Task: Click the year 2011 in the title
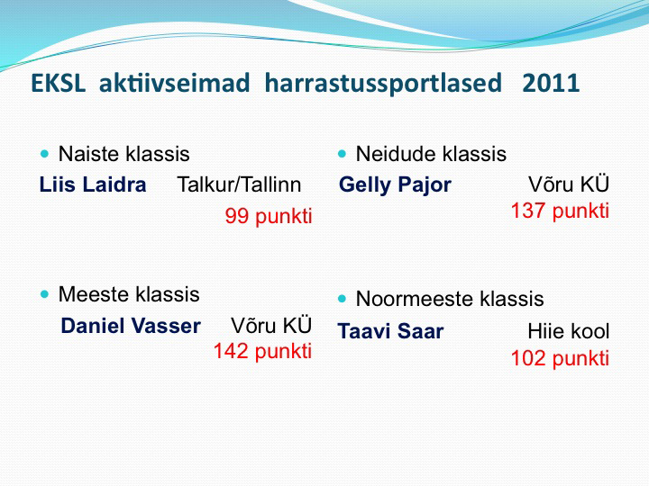point(551,83)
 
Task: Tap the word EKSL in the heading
point(59,83)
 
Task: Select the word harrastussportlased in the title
point(383,84)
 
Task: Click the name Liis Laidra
point(93,184)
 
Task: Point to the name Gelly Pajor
point(395,185)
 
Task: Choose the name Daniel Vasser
point(131,326)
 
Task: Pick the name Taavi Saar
point(390,331)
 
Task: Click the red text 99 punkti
point(269,216)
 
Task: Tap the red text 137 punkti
point(560,211)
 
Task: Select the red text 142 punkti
point(262,351)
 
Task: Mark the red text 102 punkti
point(560,358)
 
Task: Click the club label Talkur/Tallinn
point(239,184)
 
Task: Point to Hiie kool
point(568,331)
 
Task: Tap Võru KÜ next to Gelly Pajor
point(569,184)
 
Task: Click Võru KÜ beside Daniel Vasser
point(271,325)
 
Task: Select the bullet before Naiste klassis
point(45,154)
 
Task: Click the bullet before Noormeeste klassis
point(342,299)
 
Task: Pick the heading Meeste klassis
point(129,294)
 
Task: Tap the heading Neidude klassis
point(431,154)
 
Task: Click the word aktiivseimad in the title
point(175,83)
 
